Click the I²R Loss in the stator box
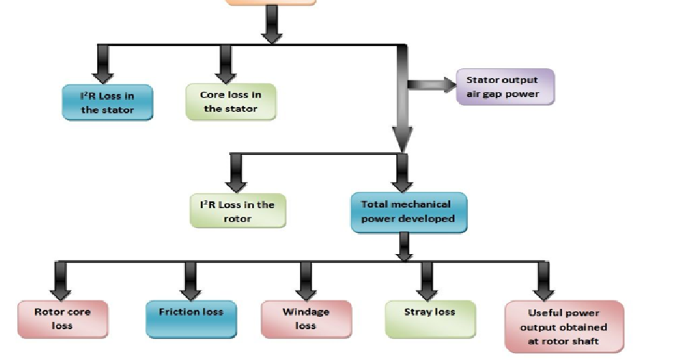(107, 103)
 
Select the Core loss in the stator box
(230, 101)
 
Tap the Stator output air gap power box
(505, 87)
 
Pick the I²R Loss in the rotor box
(237, 211)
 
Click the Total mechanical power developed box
(408, 212)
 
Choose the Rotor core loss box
(62, 318)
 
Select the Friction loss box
(190, 318)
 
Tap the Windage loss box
(306, 318)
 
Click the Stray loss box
(430, 318)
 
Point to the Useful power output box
(563, 326)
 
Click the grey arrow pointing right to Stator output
(431, 85)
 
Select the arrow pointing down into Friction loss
(191, 280)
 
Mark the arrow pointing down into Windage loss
(306, 280)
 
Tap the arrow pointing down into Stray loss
(428, 280)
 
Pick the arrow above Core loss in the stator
(225, 62)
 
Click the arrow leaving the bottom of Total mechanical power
(404, 247)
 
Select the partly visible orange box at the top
(271, 2)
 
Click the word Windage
(306, 312)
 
